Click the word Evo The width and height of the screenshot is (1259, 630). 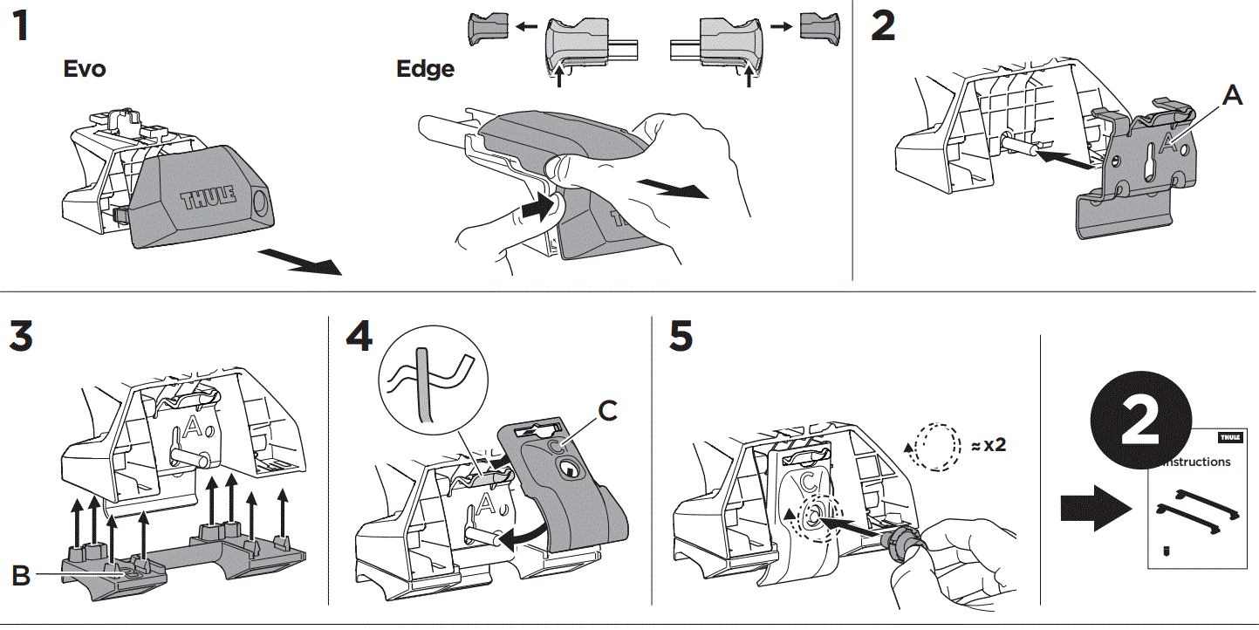85,69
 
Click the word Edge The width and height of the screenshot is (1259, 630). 425,69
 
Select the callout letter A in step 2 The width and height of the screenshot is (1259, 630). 1231,96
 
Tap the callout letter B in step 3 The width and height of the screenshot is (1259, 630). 22,576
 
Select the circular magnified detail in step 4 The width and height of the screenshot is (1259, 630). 428,384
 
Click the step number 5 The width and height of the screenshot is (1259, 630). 682,339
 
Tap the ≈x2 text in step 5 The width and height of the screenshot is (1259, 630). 988,444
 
